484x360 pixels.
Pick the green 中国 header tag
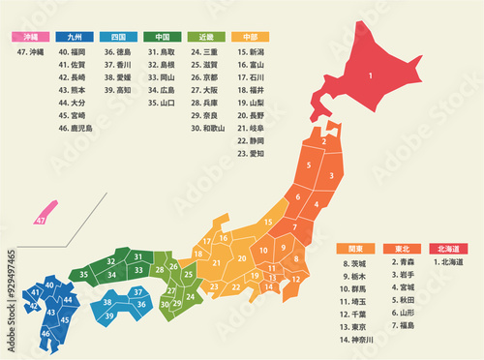pyautogui.click(x=161, y=36)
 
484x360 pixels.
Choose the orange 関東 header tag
pyautogui.click(x=354, y=249)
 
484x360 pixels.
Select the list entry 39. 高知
pyautogui.click(x=117, y=102)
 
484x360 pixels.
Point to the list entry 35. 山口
pyautogui.click(x=161, y=102)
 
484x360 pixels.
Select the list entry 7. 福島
pyautogui.click(x=404, y=326)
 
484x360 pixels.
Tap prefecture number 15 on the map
pyautogui.click(x=268, y=222)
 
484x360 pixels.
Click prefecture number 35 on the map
pyautogui.click(x=85, y=275)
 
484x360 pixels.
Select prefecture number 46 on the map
pyautogui.click(x=45, y=333)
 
